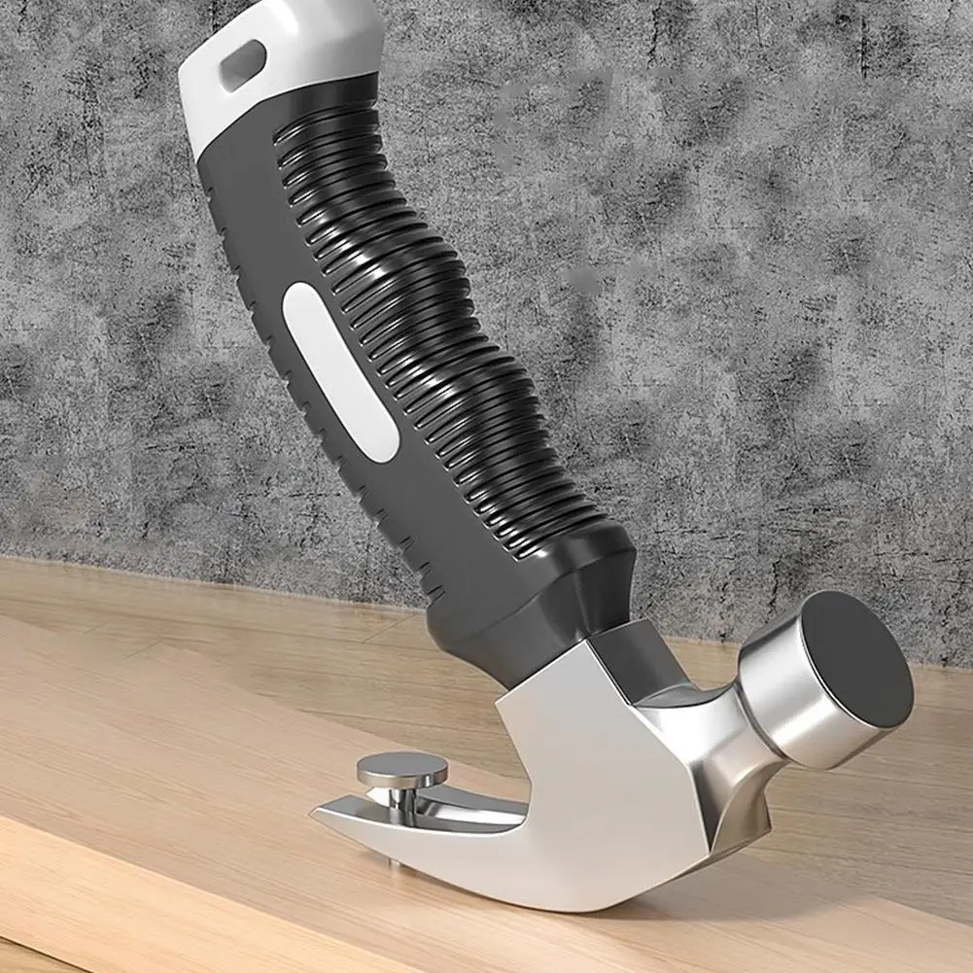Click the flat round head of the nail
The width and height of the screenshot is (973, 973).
(x=401, y=771)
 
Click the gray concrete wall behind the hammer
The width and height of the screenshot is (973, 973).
(x=729, y=243)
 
